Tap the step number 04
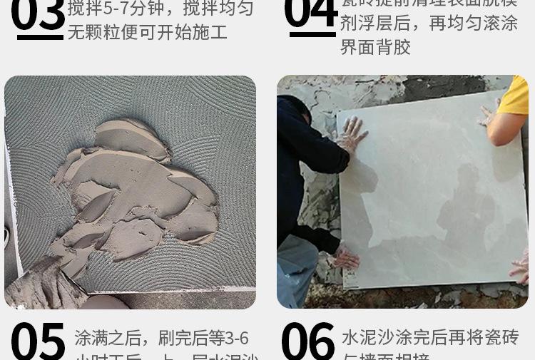pos(310,13)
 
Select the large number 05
pos(38,341)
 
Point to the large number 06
pos(307,341)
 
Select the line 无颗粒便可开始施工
pos(148,32)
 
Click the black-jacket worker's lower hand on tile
pos(347,257)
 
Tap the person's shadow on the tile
pos(467,207)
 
